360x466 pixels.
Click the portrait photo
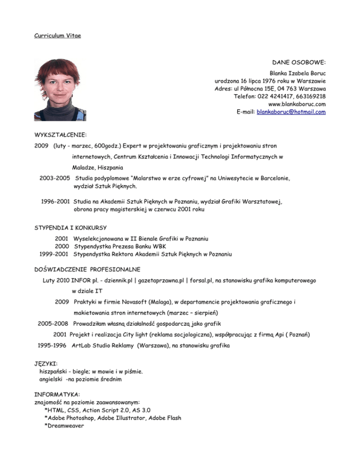pos(60,90)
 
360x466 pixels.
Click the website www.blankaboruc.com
pos(297,104)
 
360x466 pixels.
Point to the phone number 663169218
pos(310,96)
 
